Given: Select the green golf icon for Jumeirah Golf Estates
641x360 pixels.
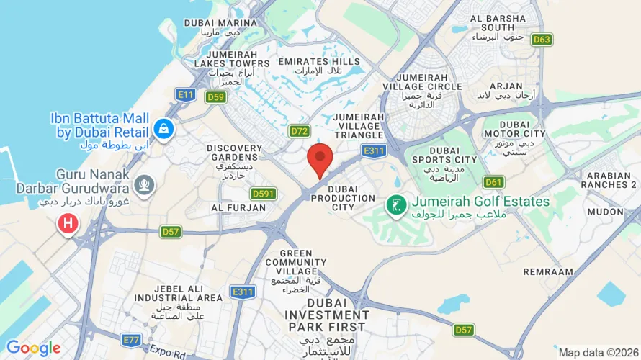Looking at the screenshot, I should point(395,205).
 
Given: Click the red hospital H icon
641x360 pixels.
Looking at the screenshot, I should point(68,223).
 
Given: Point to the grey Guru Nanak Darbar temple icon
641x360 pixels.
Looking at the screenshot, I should point(145,184).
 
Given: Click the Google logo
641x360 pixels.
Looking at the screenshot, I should point(33,348).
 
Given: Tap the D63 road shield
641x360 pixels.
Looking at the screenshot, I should point(542,40).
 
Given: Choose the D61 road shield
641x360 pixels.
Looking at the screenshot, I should point(494,182).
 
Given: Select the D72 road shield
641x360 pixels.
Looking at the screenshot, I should point(299,131).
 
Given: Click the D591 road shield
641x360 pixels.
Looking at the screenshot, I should point(264,194).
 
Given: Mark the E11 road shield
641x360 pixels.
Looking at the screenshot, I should point(186,94).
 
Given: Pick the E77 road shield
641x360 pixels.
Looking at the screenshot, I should point(132,339).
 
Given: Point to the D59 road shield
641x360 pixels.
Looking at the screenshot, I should point(215,96).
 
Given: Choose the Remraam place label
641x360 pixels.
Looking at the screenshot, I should point(548,272).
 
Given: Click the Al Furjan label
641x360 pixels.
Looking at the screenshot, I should point(229,207).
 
